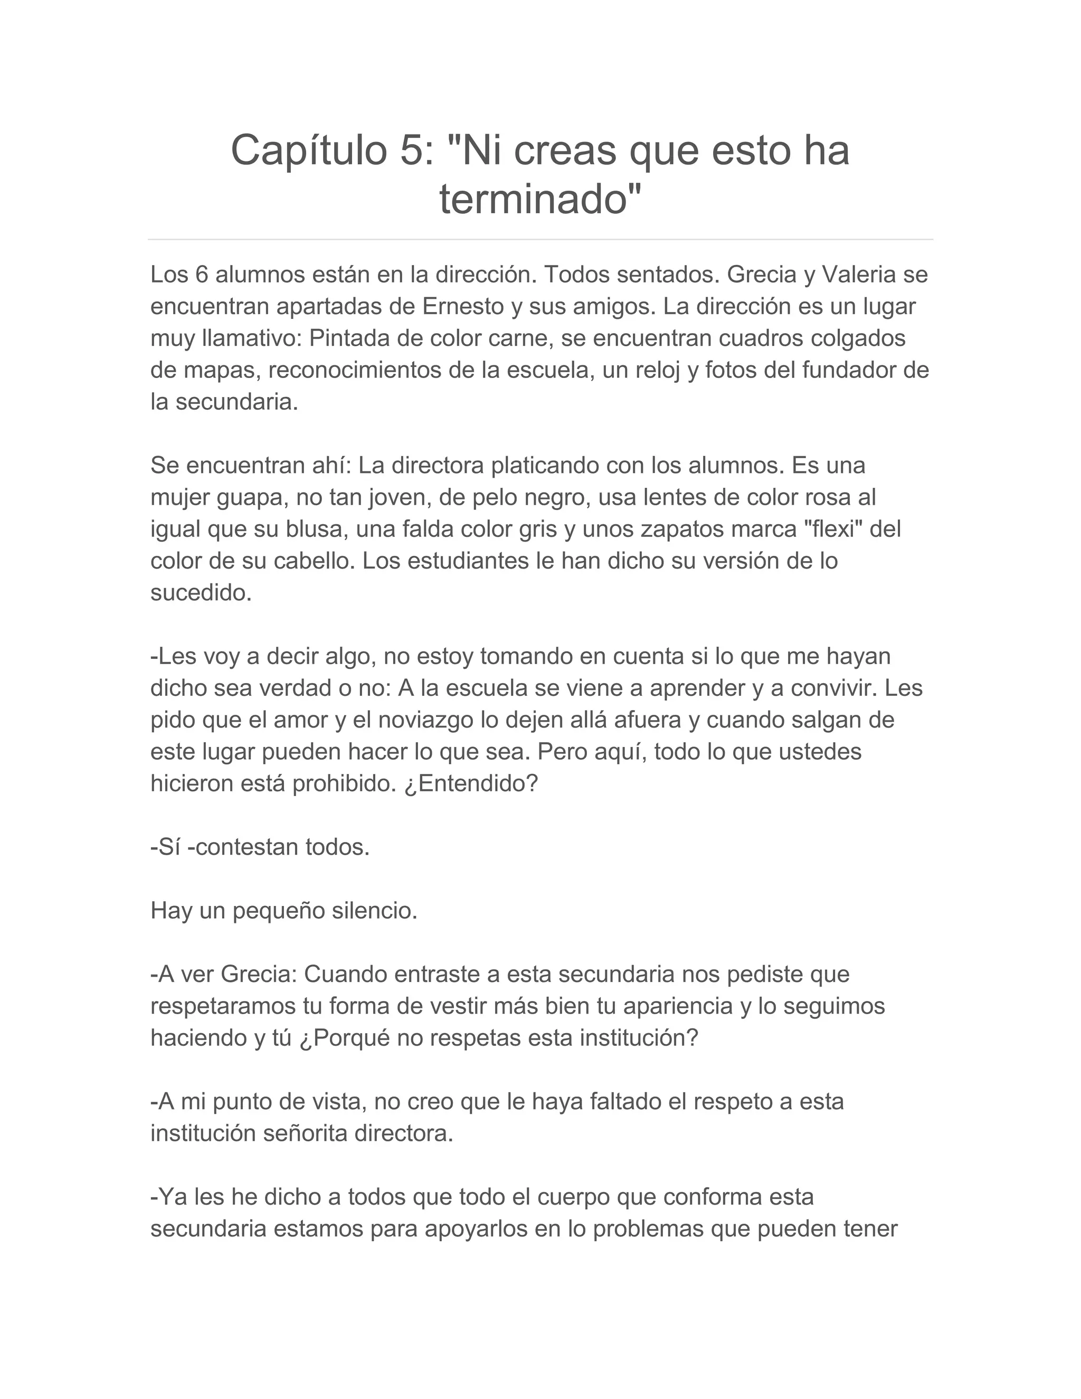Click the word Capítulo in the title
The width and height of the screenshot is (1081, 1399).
click(x=310, y=151)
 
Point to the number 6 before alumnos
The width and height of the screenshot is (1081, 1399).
click(x=202, y=275)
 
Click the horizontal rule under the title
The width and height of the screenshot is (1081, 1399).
click(x=540, y=240)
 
